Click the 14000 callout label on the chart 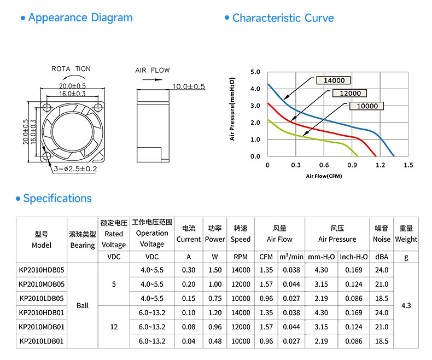click(x=334, y=80)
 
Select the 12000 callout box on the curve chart click(x=350, y=93)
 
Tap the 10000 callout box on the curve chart click(x=367, y=106)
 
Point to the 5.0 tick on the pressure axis click(x=255, y=72)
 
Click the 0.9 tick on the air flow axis click(x=352, y=165)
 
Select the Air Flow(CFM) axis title click(x=324, y=176)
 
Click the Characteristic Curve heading click(x=283, y=18)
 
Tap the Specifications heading click(x=57, y=198)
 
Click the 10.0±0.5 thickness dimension click(x=189, y=86)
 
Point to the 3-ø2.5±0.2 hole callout click(x=75, y=169)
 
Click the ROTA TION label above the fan click(x=71, y=68)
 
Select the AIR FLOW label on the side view click(x=153, y=70)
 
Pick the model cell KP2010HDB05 click(x=42, y=270)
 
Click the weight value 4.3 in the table click(x=406, y=305)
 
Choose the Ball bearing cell click(x=83, y=305)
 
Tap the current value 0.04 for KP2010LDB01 click(x=189, y=341)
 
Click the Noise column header click(x=382, y=234)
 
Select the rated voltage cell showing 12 click(x=114, y=327)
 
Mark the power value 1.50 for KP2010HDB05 click(x=215, y=270)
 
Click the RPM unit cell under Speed click(x=241, y=257)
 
